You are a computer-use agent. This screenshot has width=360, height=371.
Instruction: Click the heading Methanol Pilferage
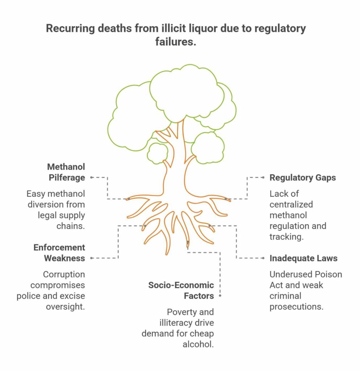coord(66,172)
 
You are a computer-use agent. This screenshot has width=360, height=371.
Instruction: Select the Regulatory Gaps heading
coord(302,178)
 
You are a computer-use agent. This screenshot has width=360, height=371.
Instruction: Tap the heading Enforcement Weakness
coord(59,253)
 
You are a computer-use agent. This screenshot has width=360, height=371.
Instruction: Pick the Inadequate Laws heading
coord(303,258)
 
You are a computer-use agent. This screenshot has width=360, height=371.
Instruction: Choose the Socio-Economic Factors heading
coord(181,290)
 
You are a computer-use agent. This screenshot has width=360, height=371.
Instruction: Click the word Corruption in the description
coord(64,274)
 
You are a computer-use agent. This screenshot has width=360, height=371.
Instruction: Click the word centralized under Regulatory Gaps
coord(291,204)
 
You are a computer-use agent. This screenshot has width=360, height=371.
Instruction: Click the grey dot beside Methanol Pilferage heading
coord(91,178)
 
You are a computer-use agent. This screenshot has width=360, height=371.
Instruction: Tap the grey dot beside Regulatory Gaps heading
coord(263,178)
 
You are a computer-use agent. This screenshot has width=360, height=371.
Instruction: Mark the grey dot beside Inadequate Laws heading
coord(263,258)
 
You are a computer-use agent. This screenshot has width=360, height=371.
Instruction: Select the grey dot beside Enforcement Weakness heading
coord(91,258)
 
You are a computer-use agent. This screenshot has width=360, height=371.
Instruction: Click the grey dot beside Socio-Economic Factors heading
coord(220,296)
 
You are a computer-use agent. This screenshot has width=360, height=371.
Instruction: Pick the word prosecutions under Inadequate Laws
coord(296,307)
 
